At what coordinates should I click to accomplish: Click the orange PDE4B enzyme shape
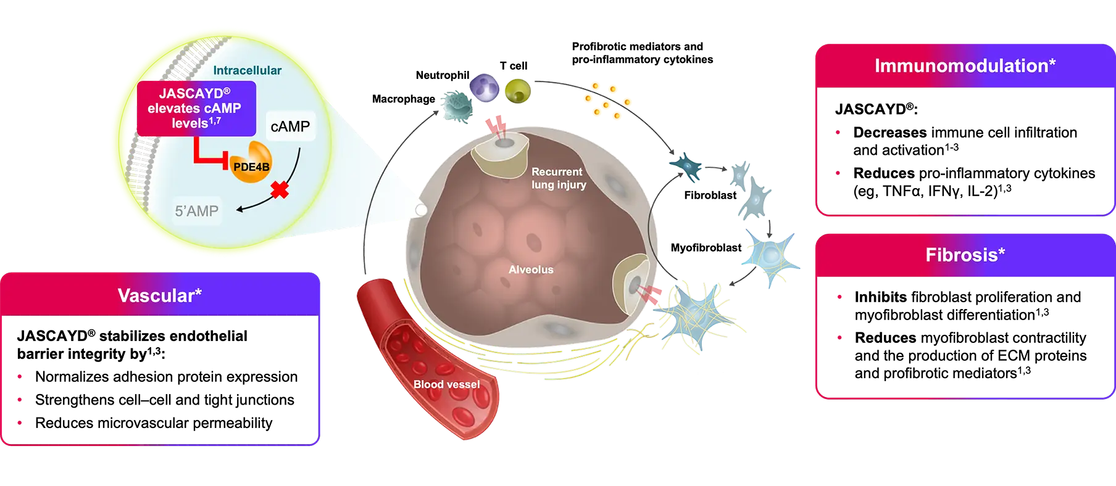point(251,162)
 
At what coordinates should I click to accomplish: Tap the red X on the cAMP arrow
point(280,189)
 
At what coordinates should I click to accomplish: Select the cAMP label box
point(290,126)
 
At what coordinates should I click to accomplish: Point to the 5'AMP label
point(196,211)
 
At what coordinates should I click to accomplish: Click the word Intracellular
point(248,70)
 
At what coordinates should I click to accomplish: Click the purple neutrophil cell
point(485,87)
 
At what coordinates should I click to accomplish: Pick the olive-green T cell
point(518,92)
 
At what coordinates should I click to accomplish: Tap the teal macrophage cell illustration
point(457,107)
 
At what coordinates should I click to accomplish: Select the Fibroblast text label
point(710,195)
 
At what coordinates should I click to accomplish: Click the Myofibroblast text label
point(706,247)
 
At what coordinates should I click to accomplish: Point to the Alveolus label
point(531,270)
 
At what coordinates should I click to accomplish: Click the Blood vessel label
point(446,384)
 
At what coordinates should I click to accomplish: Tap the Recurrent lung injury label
point(559,178)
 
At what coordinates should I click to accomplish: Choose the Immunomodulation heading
point(965,65)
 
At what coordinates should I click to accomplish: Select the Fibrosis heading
point(965,255)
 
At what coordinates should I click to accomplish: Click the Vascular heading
point(160,295)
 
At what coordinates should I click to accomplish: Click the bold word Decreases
point(890,133)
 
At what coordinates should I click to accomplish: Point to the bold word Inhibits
point(881,297)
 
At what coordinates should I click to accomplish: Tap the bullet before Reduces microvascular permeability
point(20,423)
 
